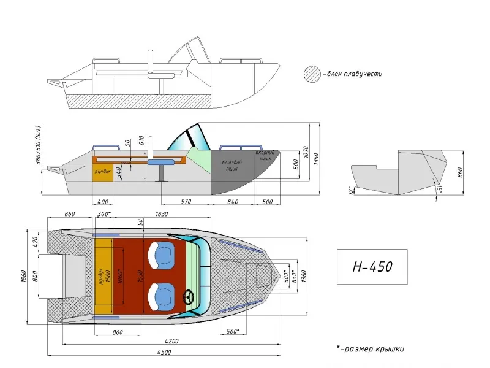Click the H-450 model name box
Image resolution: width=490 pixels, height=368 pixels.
pyautogui.click(x=372, y=267)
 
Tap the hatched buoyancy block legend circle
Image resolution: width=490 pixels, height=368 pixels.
pyautogui.click(x=312, y=74)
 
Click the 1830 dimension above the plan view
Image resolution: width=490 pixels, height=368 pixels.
pyautogui.click(x=162, y=213)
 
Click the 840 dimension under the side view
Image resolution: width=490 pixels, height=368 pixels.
pyautogui.click(x=233, y=202)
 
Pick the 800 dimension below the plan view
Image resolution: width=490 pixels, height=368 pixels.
pyautogui.click(x=118, y=332)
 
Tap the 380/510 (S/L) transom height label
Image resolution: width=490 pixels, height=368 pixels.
pyautogui.click(x=37, y=145)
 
